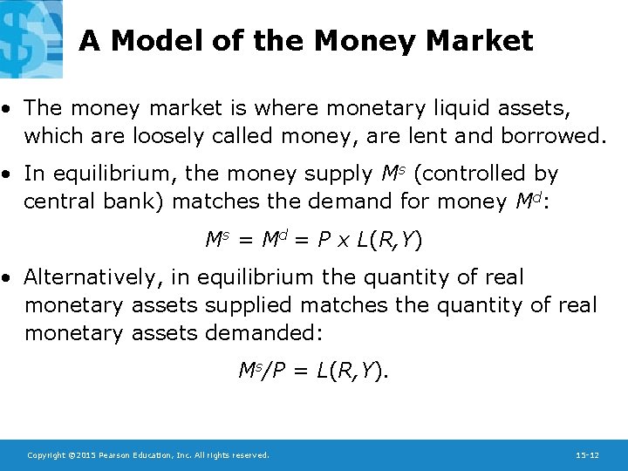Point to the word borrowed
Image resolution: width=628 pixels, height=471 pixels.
540,135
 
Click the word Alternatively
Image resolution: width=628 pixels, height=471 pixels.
96,278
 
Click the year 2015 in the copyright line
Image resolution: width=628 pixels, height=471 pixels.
79,455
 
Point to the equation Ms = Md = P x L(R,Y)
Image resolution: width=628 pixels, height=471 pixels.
314,239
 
